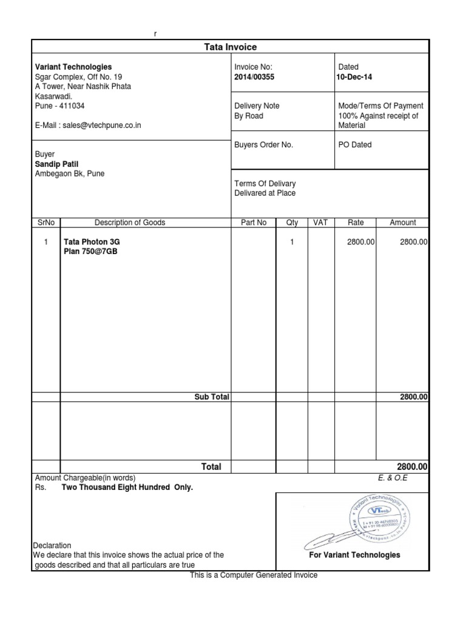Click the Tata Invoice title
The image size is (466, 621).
(231, 47)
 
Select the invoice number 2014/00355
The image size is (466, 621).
(254, 77)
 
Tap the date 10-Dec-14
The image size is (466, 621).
(355, 77)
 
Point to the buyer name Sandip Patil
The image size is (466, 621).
(56, 164)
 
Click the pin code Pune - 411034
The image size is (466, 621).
(60, 106)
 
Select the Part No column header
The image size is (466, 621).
(254, 223)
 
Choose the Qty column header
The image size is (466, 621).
(292, 223)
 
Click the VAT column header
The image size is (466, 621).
(320, 223)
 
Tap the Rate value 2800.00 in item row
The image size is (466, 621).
(361, 241)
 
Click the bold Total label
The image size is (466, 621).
(211, 467)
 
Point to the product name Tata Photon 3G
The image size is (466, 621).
(96, 241)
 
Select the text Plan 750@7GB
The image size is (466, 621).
(90, 251)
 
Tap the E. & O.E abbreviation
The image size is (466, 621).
(393, 477)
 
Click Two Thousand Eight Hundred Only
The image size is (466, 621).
(127, 487)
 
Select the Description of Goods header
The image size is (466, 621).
(130, 223)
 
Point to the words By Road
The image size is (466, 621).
(249, 116)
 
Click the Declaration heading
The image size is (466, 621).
(52, 545)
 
